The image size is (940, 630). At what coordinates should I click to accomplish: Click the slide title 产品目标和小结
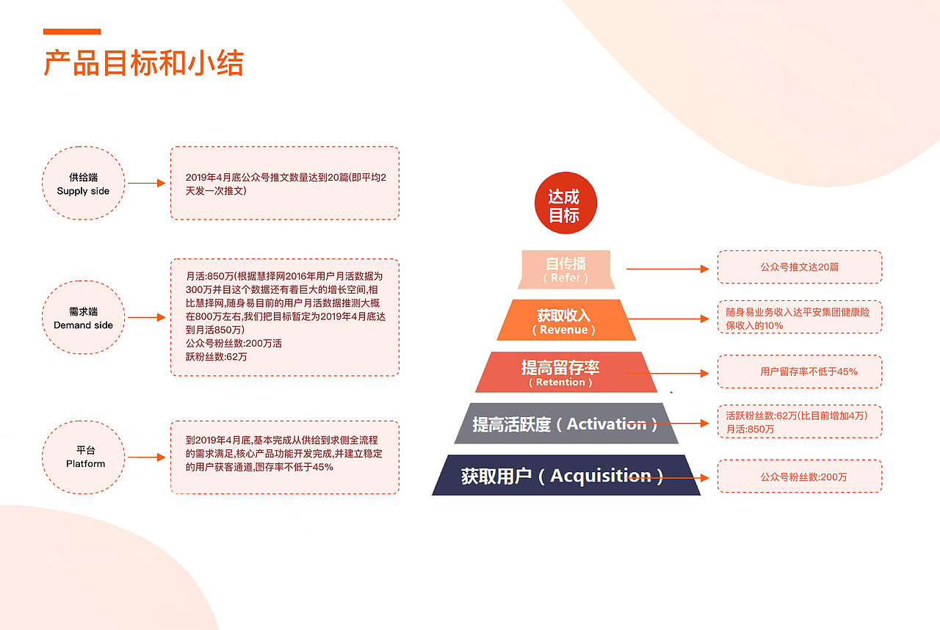[143, 63]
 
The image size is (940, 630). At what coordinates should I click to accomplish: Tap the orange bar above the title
[71, 32]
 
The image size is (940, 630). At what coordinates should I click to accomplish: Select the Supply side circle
[83, 184]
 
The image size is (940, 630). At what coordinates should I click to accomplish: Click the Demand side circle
[83, 318]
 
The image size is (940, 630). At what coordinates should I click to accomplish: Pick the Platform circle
[85, 457]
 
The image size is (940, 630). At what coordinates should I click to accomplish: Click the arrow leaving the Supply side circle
[146, 184]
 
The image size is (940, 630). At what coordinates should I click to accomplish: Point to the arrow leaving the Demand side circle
[146, 318]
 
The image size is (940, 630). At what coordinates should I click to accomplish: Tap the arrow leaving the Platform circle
[146, 457]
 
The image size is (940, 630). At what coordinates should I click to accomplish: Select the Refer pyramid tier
[565, 269]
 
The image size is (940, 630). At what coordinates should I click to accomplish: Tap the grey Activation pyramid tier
[565, 424]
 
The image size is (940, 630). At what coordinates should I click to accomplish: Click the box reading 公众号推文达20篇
[799, 267]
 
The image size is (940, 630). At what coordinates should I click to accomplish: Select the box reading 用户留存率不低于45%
[799, 372]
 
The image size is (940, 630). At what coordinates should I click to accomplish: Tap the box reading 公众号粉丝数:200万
[799, 477]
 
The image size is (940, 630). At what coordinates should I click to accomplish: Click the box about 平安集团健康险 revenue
[799, 318]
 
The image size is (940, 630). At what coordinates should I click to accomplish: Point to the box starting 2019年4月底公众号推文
[285, 184]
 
